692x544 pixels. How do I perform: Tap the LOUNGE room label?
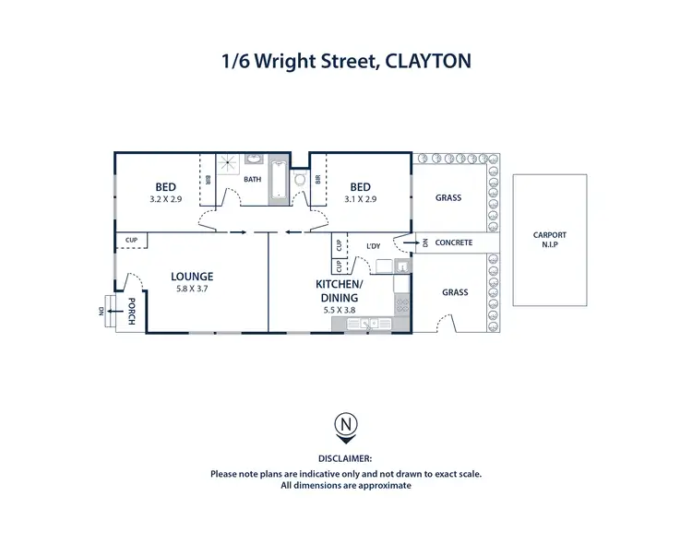pyautogui.click(x=192, y=276)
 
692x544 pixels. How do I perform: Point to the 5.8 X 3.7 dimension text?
pyautogui.click(x=192, y=289)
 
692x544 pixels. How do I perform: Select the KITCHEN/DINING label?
pyautogui.click(x=340, y=291)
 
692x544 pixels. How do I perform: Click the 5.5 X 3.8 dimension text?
pyautogui.click(x=340, y=310)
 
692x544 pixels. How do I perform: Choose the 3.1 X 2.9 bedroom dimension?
pyautogui.click(x=360, y=198)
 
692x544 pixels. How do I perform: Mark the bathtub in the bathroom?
pyautogui.click(x=275, y=190)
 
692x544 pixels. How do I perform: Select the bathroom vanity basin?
pyautogui.click(x=255, y=159)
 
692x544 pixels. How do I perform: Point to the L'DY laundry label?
pyautogui.click(x=374, y=246)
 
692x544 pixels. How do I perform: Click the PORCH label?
pyautogui.click(x=132, y=312)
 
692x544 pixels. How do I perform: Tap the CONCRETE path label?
pyautogui.click(x=453, y=243)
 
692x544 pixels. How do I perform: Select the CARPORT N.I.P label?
pyautogui.click(x=550, y=239)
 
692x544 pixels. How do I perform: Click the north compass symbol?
pyautogui.click(x=345, y=426)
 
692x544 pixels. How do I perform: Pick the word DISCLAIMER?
pyautogui.click(x=345, y=458)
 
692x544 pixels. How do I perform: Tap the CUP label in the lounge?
pyautogui.click(x=131, y=241)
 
